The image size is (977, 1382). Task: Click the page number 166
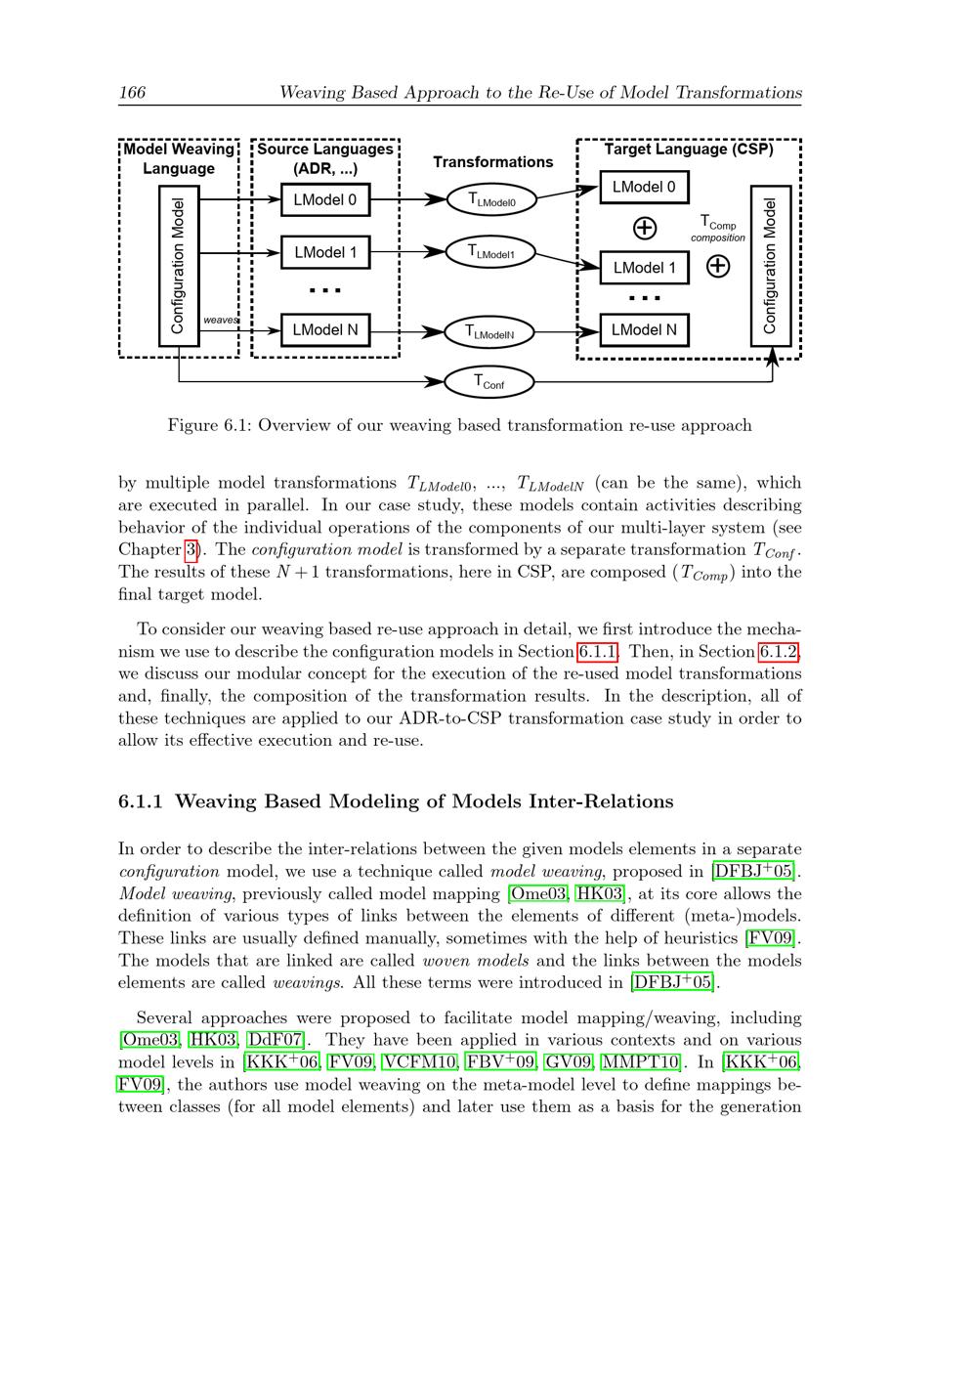pos(132,93)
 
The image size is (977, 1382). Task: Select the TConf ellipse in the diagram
pos(489,381)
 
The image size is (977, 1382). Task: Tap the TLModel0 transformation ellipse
pos(492,200)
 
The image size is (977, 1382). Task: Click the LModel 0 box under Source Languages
pos(325,200)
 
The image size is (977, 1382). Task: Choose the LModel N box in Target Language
pos(644,329)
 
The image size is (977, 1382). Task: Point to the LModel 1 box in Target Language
pos(644,267)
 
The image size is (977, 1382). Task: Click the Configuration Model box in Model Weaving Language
pos(179,266)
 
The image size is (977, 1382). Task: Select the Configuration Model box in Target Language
pos(770,266)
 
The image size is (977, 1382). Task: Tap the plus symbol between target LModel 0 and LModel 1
pos(645,228)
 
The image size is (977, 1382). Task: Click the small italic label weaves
pos(220,320)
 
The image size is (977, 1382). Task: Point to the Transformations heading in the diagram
pos(492,162)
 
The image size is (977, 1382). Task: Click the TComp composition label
pos(718,229)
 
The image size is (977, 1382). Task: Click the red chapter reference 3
pos(191,549)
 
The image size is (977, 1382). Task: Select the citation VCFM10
pos(420,1062)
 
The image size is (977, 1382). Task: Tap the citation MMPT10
pos(640,1062)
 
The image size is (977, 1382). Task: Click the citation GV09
pos(568,1062)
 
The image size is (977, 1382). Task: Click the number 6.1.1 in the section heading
pos(141,801)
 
